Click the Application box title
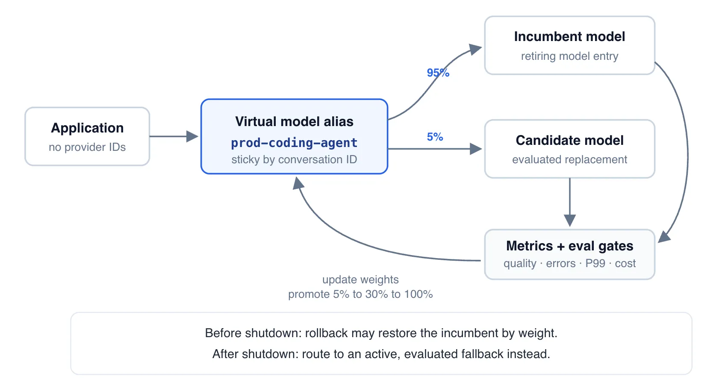87,128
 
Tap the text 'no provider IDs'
87,147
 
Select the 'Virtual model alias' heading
295,122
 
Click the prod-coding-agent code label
295,143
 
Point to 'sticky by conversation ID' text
295,159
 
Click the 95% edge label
438,73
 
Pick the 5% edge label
435,137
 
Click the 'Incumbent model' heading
569,37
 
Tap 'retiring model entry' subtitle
569,56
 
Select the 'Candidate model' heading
569,140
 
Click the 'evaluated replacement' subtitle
569,159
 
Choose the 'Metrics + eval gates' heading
569,246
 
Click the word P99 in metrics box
595,263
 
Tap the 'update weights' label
360,279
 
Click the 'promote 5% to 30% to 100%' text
360,294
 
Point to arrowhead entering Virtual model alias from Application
192,136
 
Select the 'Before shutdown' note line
381,333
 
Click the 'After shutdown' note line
381,354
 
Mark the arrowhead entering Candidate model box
476,149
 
